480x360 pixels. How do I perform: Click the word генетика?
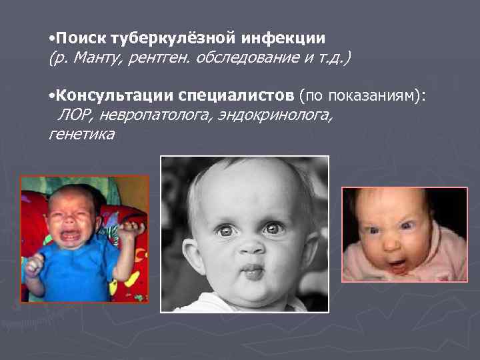81,135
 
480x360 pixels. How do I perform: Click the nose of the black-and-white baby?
251,246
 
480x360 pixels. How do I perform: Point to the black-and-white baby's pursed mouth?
252,271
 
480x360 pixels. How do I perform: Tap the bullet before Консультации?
51,98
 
